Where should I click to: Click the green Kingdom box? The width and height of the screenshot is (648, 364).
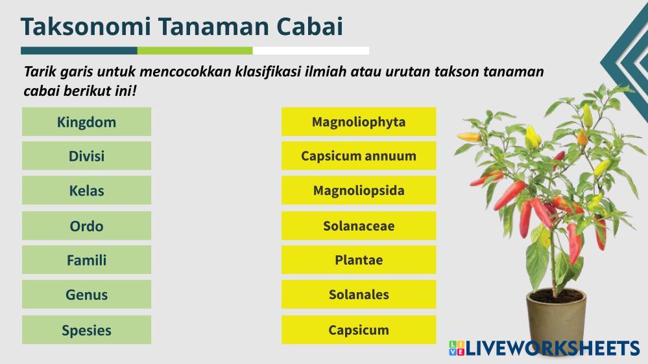point(86,122)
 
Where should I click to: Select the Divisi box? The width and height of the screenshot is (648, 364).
point(86,156)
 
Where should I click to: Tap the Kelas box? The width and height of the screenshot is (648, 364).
point(86,190)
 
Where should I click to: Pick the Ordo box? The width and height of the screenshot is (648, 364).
point(86,226)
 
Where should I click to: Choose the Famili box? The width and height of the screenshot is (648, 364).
point(86,260)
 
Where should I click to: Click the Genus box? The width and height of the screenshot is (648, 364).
point(86,294)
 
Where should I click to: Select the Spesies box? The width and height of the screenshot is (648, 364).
point(86,330)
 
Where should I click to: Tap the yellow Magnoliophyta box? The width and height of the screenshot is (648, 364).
point(359,122)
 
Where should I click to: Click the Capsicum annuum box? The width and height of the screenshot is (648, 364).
point(359,156)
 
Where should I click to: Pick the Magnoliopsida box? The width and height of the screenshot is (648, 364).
point(359,190)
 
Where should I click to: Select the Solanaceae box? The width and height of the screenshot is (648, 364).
point(359,226)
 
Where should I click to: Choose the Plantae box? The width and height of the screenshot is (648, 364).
point(359,260)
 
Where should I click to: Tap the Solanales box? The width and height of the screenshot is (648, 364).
point(359,294)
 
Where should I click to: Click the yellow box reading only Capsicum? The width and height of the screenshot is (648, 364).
point(359,330)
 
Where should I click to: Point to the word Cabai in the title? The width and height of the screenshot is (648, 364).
point(309,27)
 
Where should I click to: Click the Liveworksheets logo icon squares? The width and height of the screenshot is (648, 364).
point(457,348)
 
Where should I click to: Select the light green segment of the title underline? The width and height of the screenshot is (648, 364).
point(195,51)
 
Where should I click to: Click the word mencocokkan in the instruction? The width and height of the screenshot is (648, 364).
point(187,72)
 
